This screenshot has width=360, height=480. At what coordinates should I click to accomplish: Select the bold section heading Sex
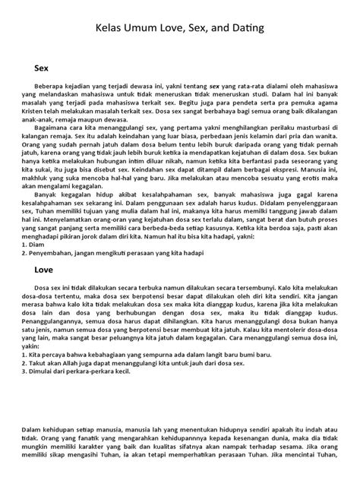click(x=42, y=68)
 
